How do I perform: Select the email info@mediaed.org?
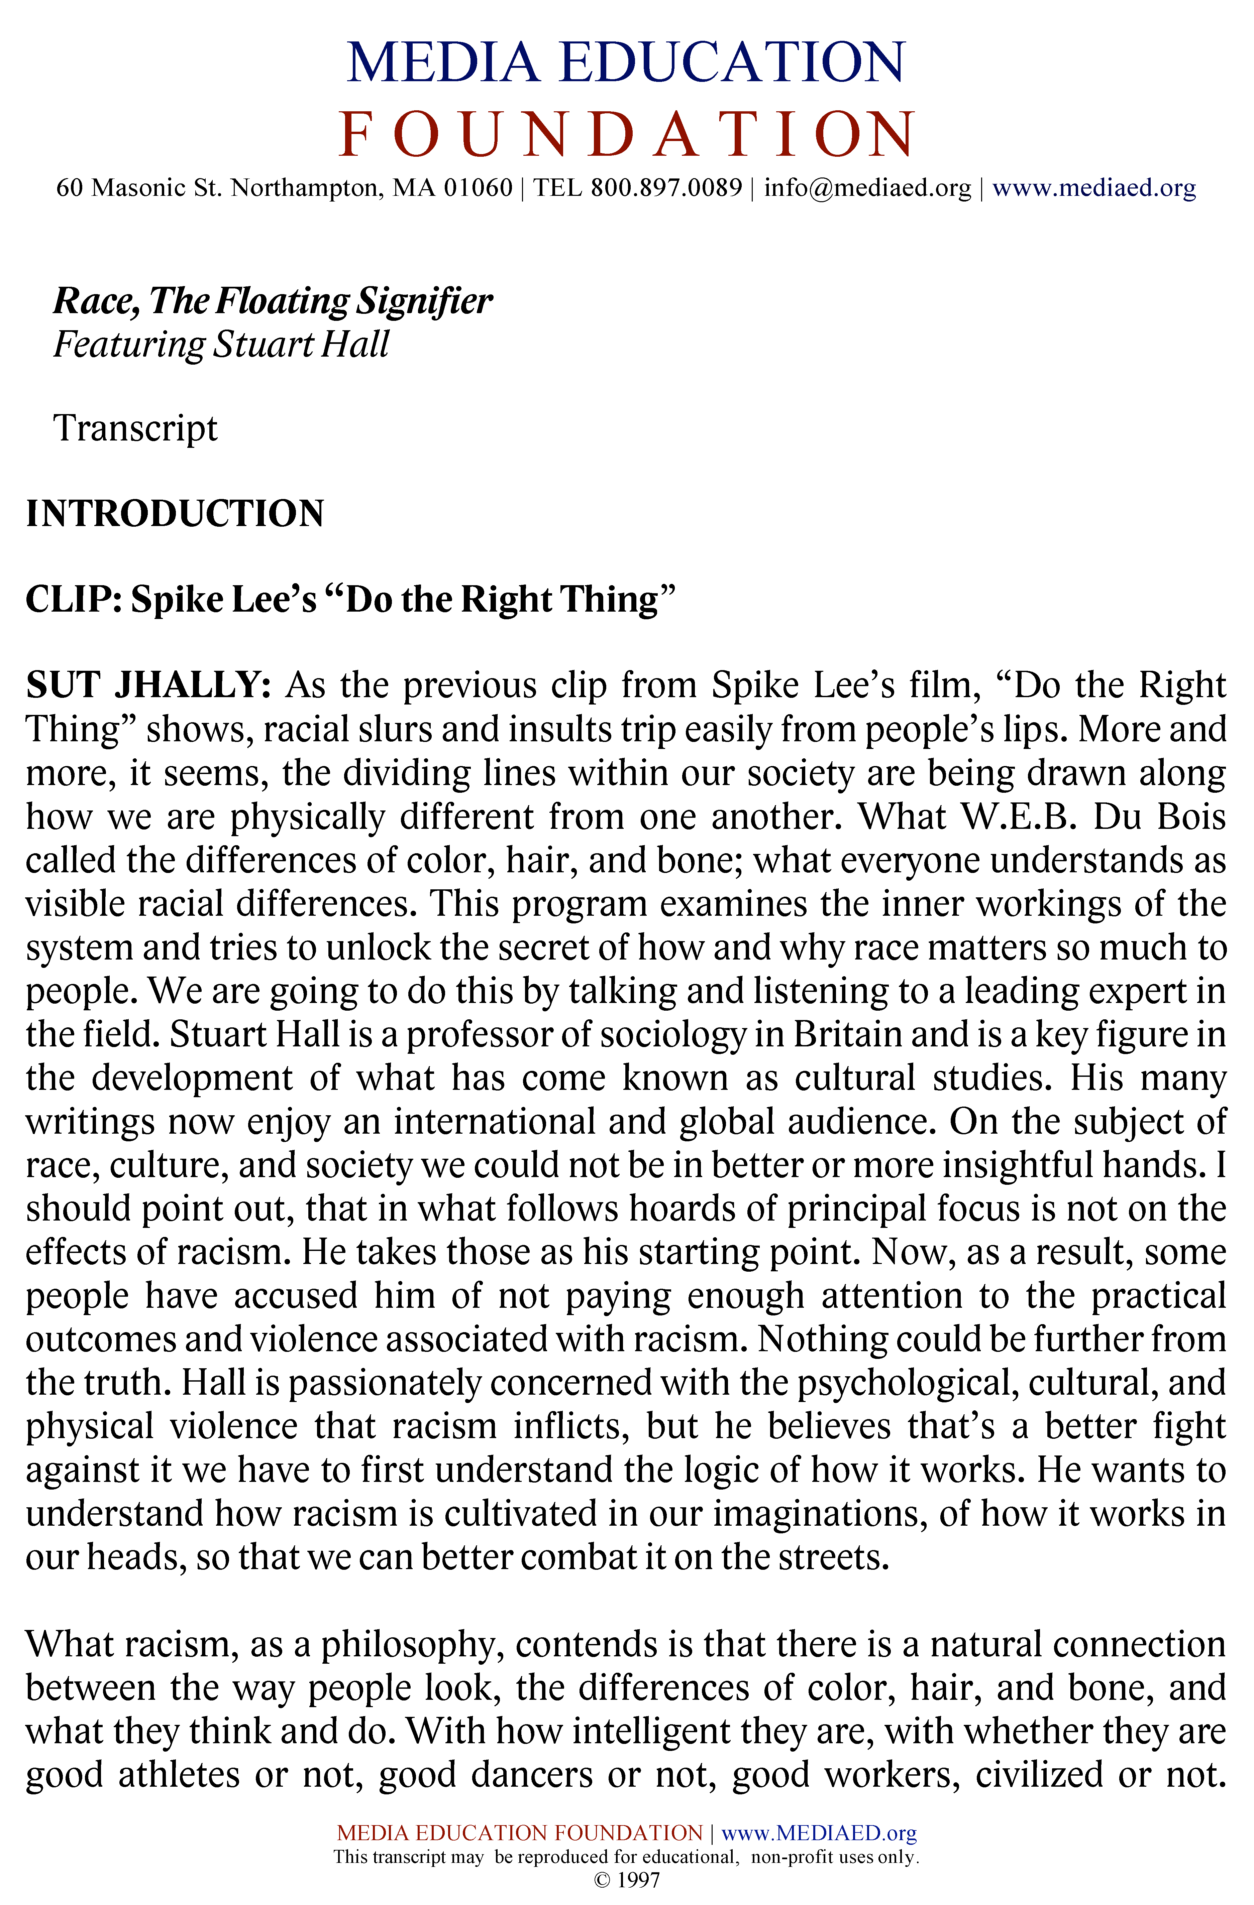tap(867, 188)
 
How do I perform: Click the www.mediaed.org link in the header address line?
tap(1094, 188)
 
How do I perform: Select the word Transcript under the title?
tap(135, 428)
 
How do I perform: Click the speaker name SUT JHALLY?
tap(149, 685)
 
